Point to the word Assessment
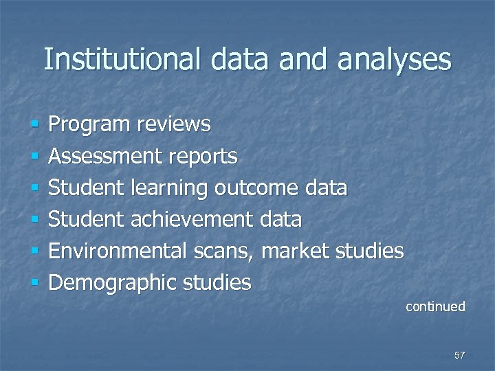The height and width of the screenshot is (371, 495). (x=104, y=157)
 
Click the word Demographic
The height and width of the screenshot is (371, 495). (x=113, y=282)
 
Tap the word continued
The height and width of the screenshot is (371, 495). (x=435, y=306)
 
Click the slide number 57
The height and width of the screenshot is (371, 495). (x=459, y=355)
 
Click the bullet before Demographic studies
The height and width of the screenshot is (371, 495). (x=34, y=283)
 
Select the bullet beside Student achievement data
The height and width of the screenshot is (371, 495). (x=34, y=220)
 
